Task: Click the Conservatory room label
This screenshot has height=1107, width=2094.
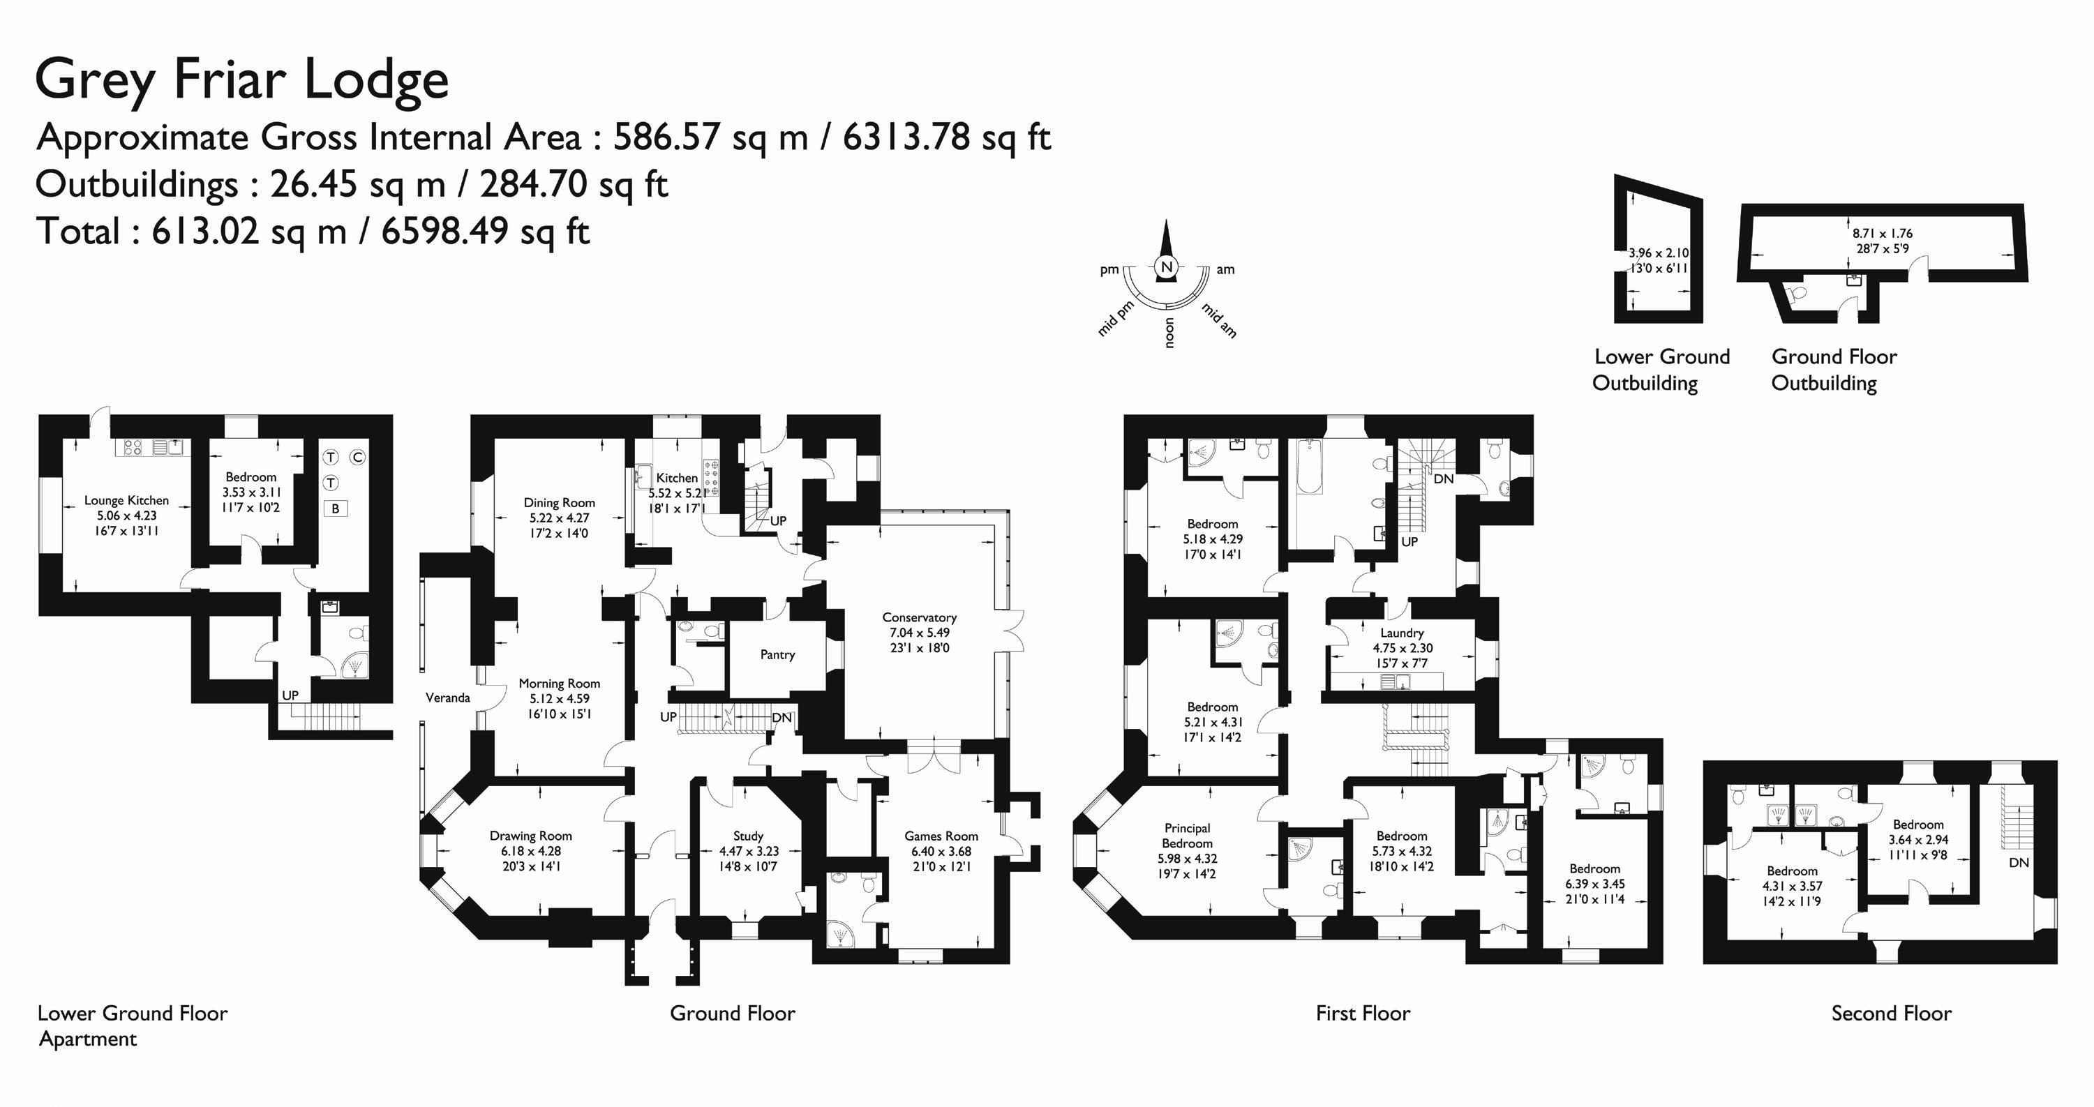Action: tap(920, 618)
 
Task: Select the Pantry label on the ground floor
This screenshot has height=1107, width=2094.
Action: tap(777, 654)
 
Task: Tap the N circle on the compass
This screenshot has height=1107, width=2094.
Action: tap(1167, 267)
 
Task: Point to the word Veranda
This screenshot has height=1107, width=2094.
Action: tap(448, 698)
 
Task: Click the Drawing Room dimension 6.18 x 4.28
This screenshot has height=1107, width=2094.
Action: tap(531, 851)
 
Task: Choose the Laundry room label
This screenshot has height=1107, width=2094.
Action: tap(1403, 633)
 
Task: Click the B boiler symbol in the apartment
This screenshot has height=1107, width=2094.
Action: tap(336, 509)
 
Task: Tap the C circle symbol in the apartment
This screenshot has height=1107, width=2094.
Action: tap(358, 458)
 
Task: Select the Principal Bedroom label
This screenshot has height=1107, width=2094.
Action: tap(1188, 836)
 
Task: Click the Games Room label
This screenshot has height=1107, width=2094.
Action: tap(941, 836)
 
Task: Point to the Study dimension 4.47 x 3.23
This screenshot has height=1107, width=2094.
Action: tap(749, 851)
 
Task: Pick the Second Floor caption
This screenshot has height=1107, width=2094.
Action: tap(1891, 1014)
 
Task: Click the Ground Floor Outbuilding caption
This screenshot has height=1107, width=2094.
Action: tap(1834, 370)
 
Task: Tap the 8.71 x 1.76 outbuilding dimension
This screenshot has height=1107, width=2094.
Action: tap(1883, 233)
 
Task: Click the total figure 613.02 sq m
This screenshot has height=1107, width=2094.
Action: tap(248, 232)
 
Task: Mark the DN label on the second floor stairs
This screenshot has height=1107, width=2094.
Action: tap(2019, 862)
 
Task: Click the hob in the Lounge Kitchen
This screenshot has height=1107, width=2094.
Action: tap(133, 447)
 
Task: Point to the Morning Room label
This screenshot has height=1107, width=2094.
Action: tap(560, 684)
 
